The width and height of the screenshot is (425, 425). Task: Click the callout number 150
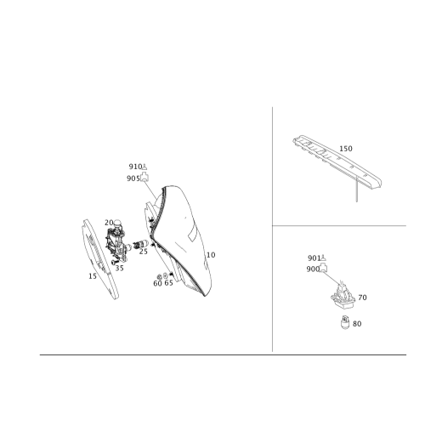[x=346, y=149]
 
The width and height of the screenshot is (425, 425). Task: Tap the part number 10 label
[x=211, y=255]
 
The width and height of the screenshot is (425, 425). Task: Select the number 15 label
[x=93, y=276]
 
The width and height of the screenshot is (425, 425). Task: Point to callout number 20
[x=109, y=223]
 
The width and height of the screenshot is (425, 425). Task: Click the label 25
[x=144, y=252]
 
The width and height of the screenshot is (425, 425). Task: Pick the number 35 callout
[x=119, y=268]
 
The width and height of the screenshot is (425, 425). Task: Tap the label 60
[x=157, y=283]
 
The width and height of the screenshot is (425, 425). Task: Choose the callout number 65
[x=169, y=283]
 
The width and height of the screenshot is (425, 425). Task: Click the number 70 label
[x=362, y=297]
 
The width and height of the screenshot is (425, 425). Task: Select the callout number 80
[x=357, y=324]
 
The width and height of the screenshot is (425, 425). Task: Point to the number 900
[x=313, y=269]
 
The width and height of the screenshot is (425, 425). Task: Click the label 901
[x=314, y=258]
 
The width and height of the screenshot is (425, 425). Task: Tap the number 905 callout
[x=133, y=178]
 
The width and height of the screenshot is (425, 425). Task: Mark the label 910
[x=135, y=167]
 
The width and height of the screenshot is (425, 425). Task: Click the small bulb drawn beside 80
[x=345, y=322]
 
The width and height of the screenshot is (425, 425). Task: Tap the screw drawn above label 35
[x=115, y=262]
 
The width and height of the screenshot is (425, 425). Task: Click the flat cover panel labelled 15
[x=99, y=259]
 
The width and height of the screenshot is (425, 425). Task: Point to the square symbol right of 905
[x=144, y=177]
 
